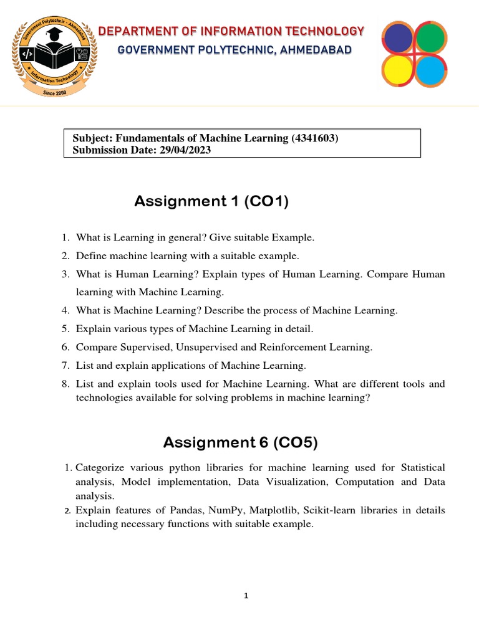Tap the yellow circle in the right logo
click(x=399, y=70)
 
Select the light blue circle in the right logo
click(x=430, y=70)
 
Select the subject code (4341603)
click(x=315, y=138)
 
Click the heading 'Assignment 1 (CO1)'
click(x=211, y=201)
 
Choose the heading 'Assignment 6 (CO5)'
click(x=240, y=442)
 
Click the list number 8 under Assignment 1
click(x=65, y=384)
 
